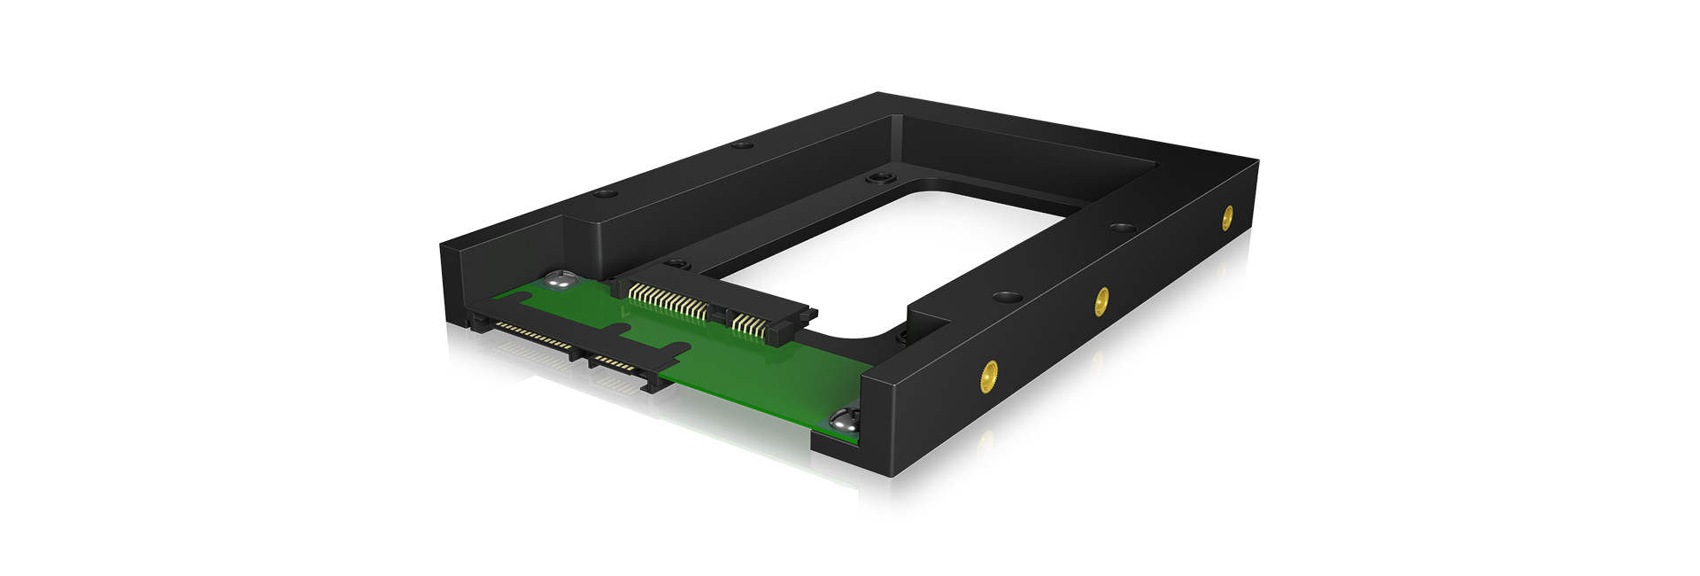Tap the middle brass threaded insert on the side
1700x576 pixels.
[1101, 301]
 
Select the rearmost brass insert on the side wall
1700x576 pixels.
[1227, 217]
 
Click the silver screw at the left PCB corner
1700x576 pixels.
[559, 280]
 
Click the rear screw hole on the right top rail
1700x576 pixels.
[1122, 229]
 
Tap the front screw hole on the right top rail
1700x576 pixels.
[1005, 297]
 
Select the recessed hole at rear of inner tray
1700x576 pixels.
[880, 179]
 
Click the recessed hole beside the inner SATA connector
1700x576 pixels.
[677, 263]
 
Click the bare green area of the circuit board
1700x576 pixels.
[753, 381]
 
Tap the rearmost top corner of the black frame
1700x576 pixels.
[879, 94]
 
